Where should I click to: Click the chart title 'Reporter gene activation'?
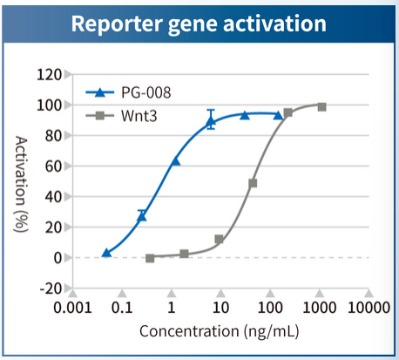tap(199, 24)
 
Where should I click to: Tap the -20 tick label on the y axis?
tap(50, 289)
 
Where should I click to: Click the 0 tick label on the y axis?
tap(55, 258)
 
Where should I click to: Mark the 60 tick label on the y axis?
tap(52, 166)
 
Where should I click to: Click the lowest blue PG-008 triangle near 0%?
tap(106, 252)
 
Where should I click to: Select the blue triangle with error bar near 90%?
tap(211, 121)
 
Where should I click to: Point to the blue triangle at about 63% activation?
tap(175, 161)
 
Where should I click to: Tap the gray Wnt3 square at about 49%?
tap(253, 183)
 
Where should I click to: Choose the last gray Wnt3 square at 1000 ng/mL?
tap(321, 106)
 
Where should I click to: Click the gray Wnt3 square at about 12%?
tap(220, 239)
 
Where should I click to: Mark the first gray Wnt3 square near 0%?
tap(150, 258)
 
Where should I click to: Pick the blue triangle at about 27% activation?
tap(142, 216)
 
